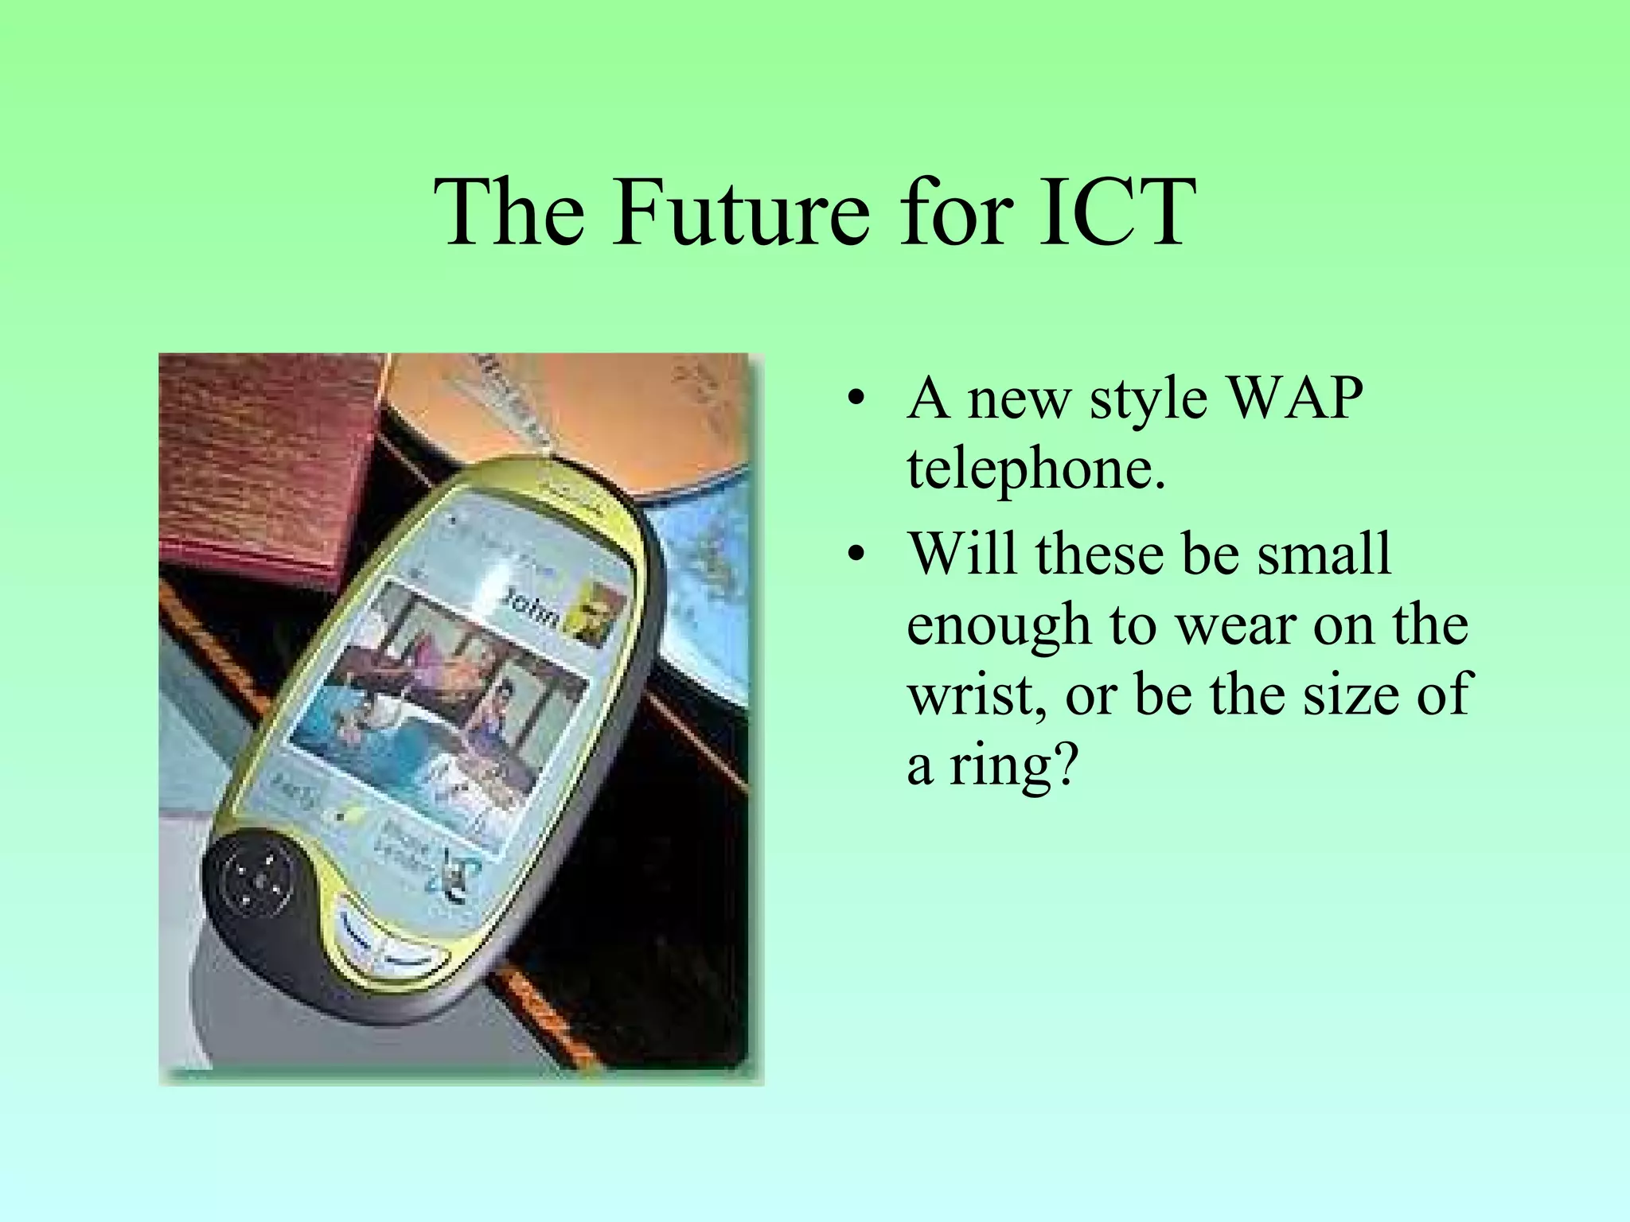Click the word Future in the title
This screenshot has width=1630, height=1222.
tap(740, 212)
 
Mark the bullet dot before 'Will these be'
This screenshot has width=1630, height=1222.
tap(856, 554)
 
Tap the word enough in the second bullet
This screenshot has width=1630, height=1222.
tap(998, 625)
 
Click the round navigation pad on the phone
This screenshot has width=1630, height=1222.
tap(258, 880)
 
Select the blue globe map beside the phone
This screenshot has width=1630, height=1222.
tap(700, 605)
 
